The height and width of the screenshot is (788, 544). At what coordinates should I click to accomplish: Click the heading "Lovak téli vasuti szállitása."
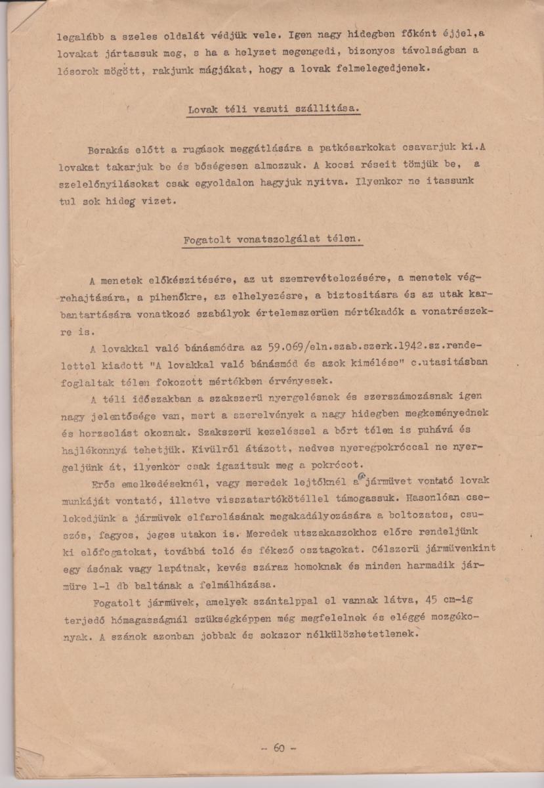[x=273, y=109]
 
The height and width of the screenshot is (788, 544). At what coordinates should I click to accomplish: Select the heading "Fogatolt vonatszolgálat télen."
[x=272, y=238]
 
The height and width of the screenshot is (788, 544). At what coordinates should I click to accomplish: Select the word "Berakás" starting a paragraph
[x=110, y=150]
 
